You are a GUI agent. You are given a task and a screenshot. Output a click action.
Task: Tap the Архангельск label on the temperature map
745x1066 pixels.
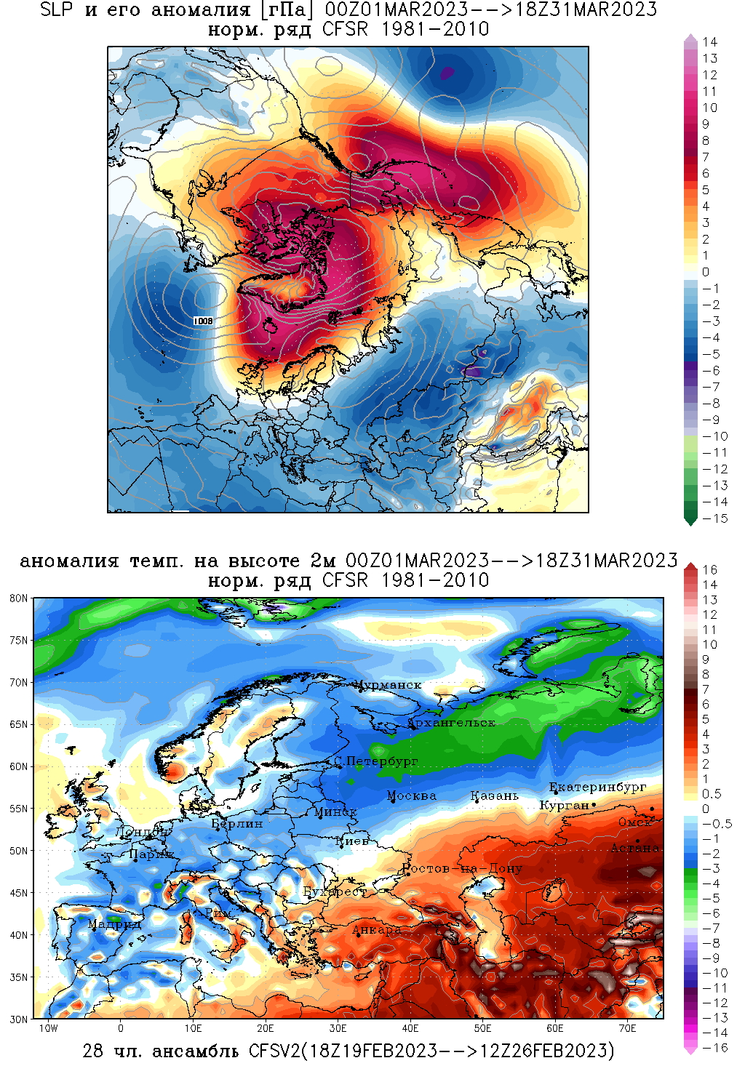click(x=452, y=723)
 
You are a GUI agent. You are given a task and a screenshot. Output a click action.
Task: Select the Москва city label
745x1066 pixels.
click(x=412, y=796)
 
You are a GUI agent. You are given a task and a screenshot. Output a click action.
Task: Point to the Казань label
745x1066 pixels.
click(x=495, y=796)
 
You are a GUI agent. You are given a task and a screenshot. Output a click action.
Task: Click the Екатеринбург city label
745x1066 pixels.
click(x=597, y=787)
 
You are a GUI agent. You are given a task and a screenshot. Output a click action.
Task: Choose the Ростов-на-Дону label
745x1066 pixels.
click(x=463, y=868)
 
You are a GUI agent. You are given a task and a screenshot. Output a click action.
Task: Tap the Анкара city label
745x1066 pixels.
click(x=377, y=929)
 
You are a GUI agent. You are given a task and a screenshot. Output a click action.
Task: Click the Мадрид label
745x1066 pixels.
click(x=114, y=924)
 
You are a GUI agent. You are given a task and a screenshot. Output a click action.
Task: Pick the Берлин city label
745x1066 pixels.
click(x=237, y=824)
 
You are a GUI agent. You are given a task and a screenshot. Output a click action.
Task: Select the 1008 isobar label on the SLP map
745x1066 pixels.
click(x=204, y=321)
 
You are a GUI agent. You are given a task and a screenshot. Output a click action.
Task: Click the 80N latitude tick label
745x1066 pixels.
click(x=19, y=598)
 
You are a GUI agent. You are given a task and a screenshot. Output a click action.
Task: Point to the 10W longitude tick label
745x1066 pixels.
click(x=48, y=1028)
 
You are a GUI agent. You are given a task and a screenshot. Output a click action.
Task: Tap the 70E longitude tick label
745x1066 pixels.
click(x=627, y=1028)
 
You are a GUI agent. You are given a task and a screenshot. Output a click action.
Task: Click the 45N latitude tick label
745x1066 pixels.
click(x=19, y=893)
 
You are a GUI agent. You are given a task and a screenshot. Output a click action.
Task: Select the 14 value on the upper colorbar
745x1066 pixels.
click(x=710, y=42)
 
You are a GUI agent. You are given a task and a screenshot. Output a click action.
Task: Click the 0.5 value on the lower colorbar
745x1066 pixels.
click(x=712, y=794)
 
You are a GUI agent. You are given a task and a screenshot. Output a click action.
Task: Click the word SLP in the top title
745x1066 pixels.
click(x=56, y=10)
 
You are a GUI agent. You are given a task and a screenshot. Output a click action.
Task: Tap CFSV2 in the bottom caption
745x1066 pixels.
click(x=273, y=1051)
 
